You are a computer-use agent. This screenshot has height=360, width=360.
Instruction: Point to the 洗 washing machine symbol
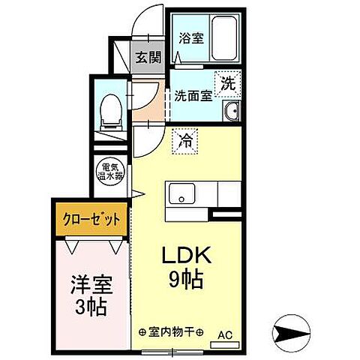[x=226, y=84]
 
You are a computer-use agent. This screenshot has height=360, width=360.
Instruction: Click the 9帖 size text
[x=186, y=281]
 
